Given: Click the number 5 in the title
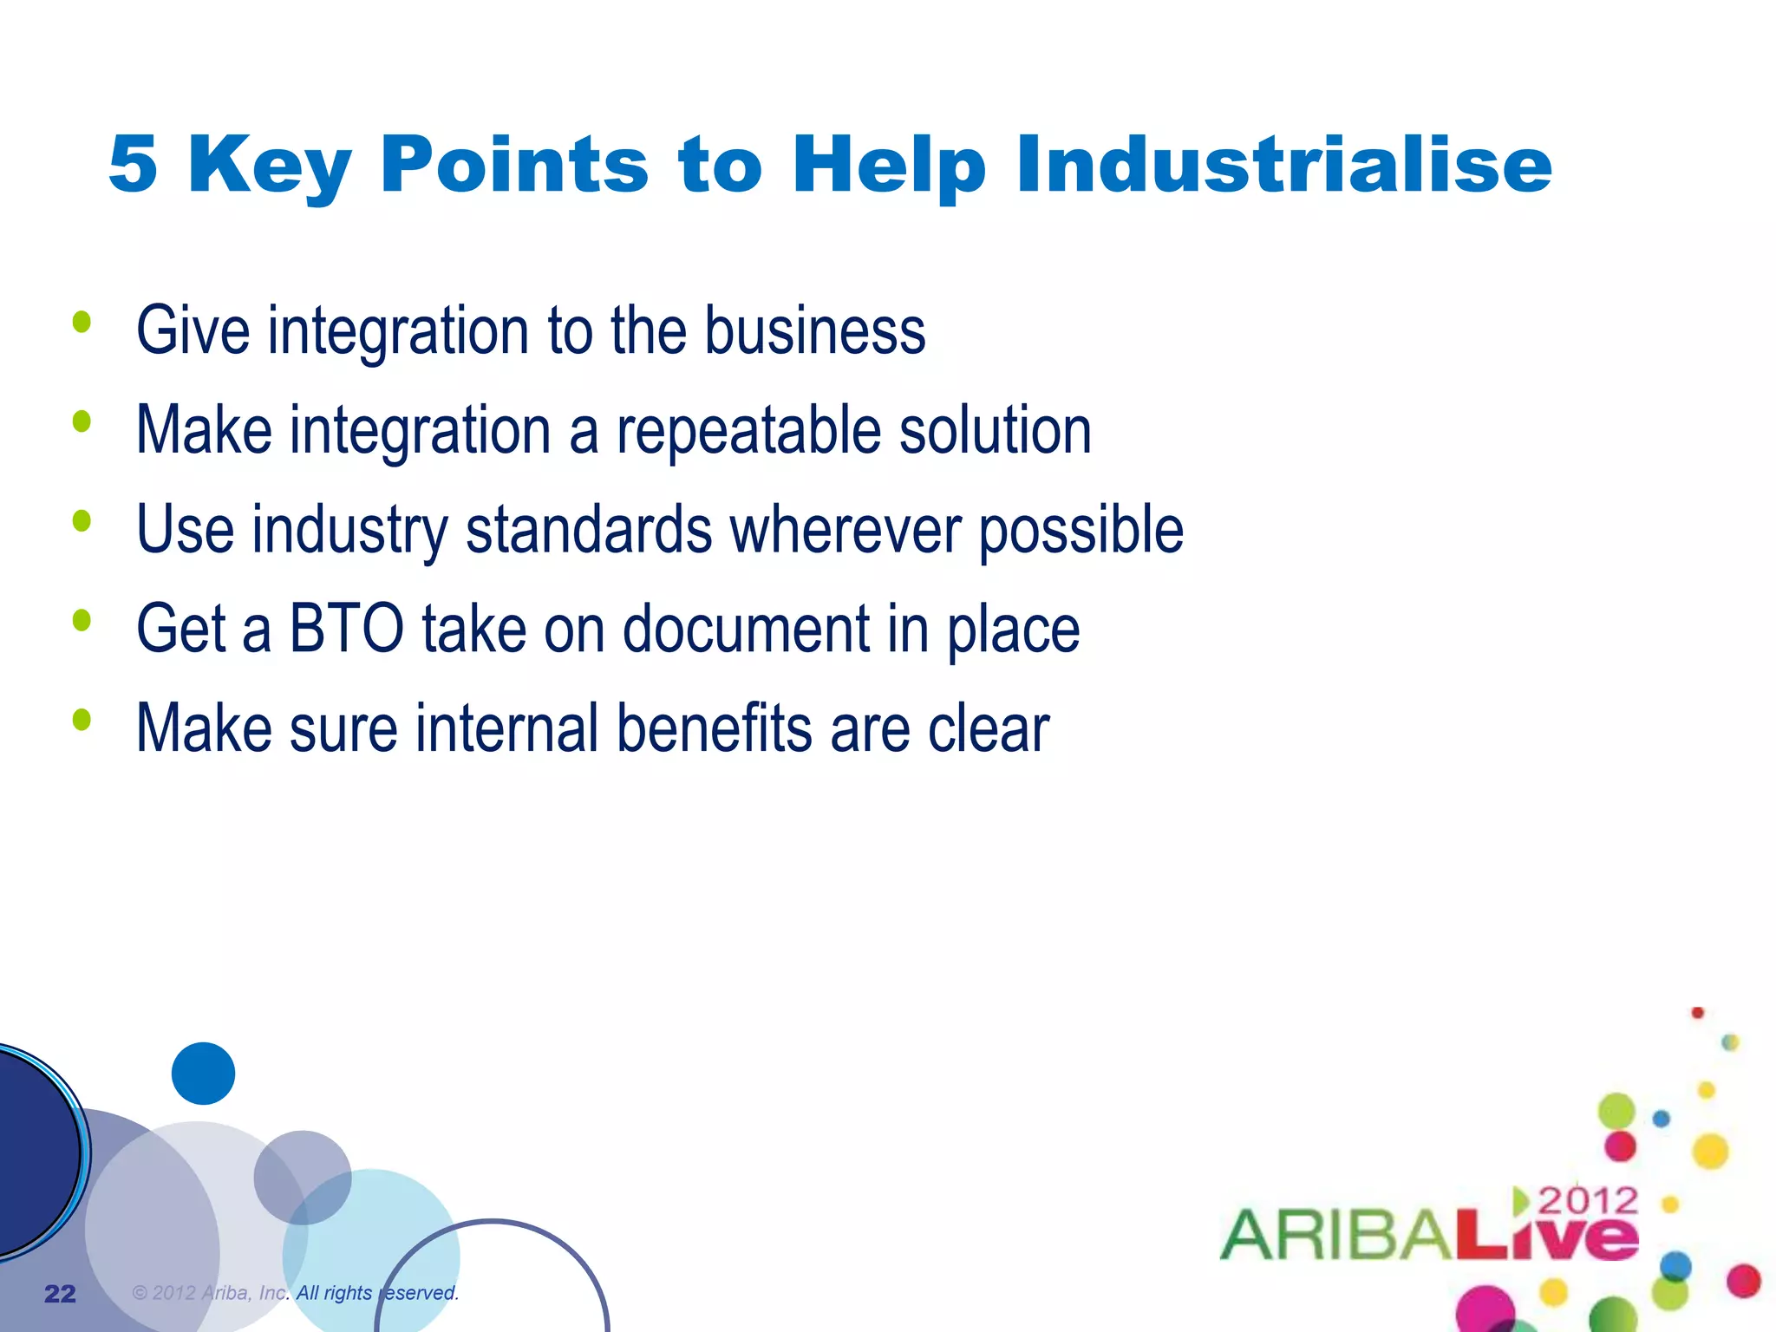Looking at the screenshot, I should click(134, 164).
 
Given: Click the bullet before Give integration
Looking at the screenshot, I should click(82, 323).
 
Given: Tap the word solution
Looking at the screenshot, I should click(995, 430).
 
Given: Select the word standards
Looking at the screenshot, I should click(589, 530).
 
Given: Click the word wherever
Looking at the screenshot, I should click(846, 530).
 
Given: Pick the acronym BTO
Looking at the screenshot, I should click(346, 629).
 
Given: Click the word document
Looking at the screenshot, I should click(746, 629).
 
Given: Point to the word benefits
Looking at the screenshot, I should click(714, 728).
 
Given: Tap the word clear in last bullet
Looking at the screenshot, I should click(989, 728).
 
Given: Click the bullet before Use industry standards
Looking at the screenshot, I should click(82, 521).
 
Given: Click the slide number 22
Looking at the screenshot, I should click(60, 1293).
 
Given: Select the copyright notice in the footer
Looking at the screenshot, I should click(295, 1292).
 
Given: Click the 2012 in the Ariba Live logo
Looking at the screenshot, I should click(1587, 1201).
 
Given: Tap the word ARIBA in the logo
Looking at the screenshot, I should click(1335, 1234).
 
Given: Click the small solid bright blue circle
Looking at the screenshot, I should click(203, 1073).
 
